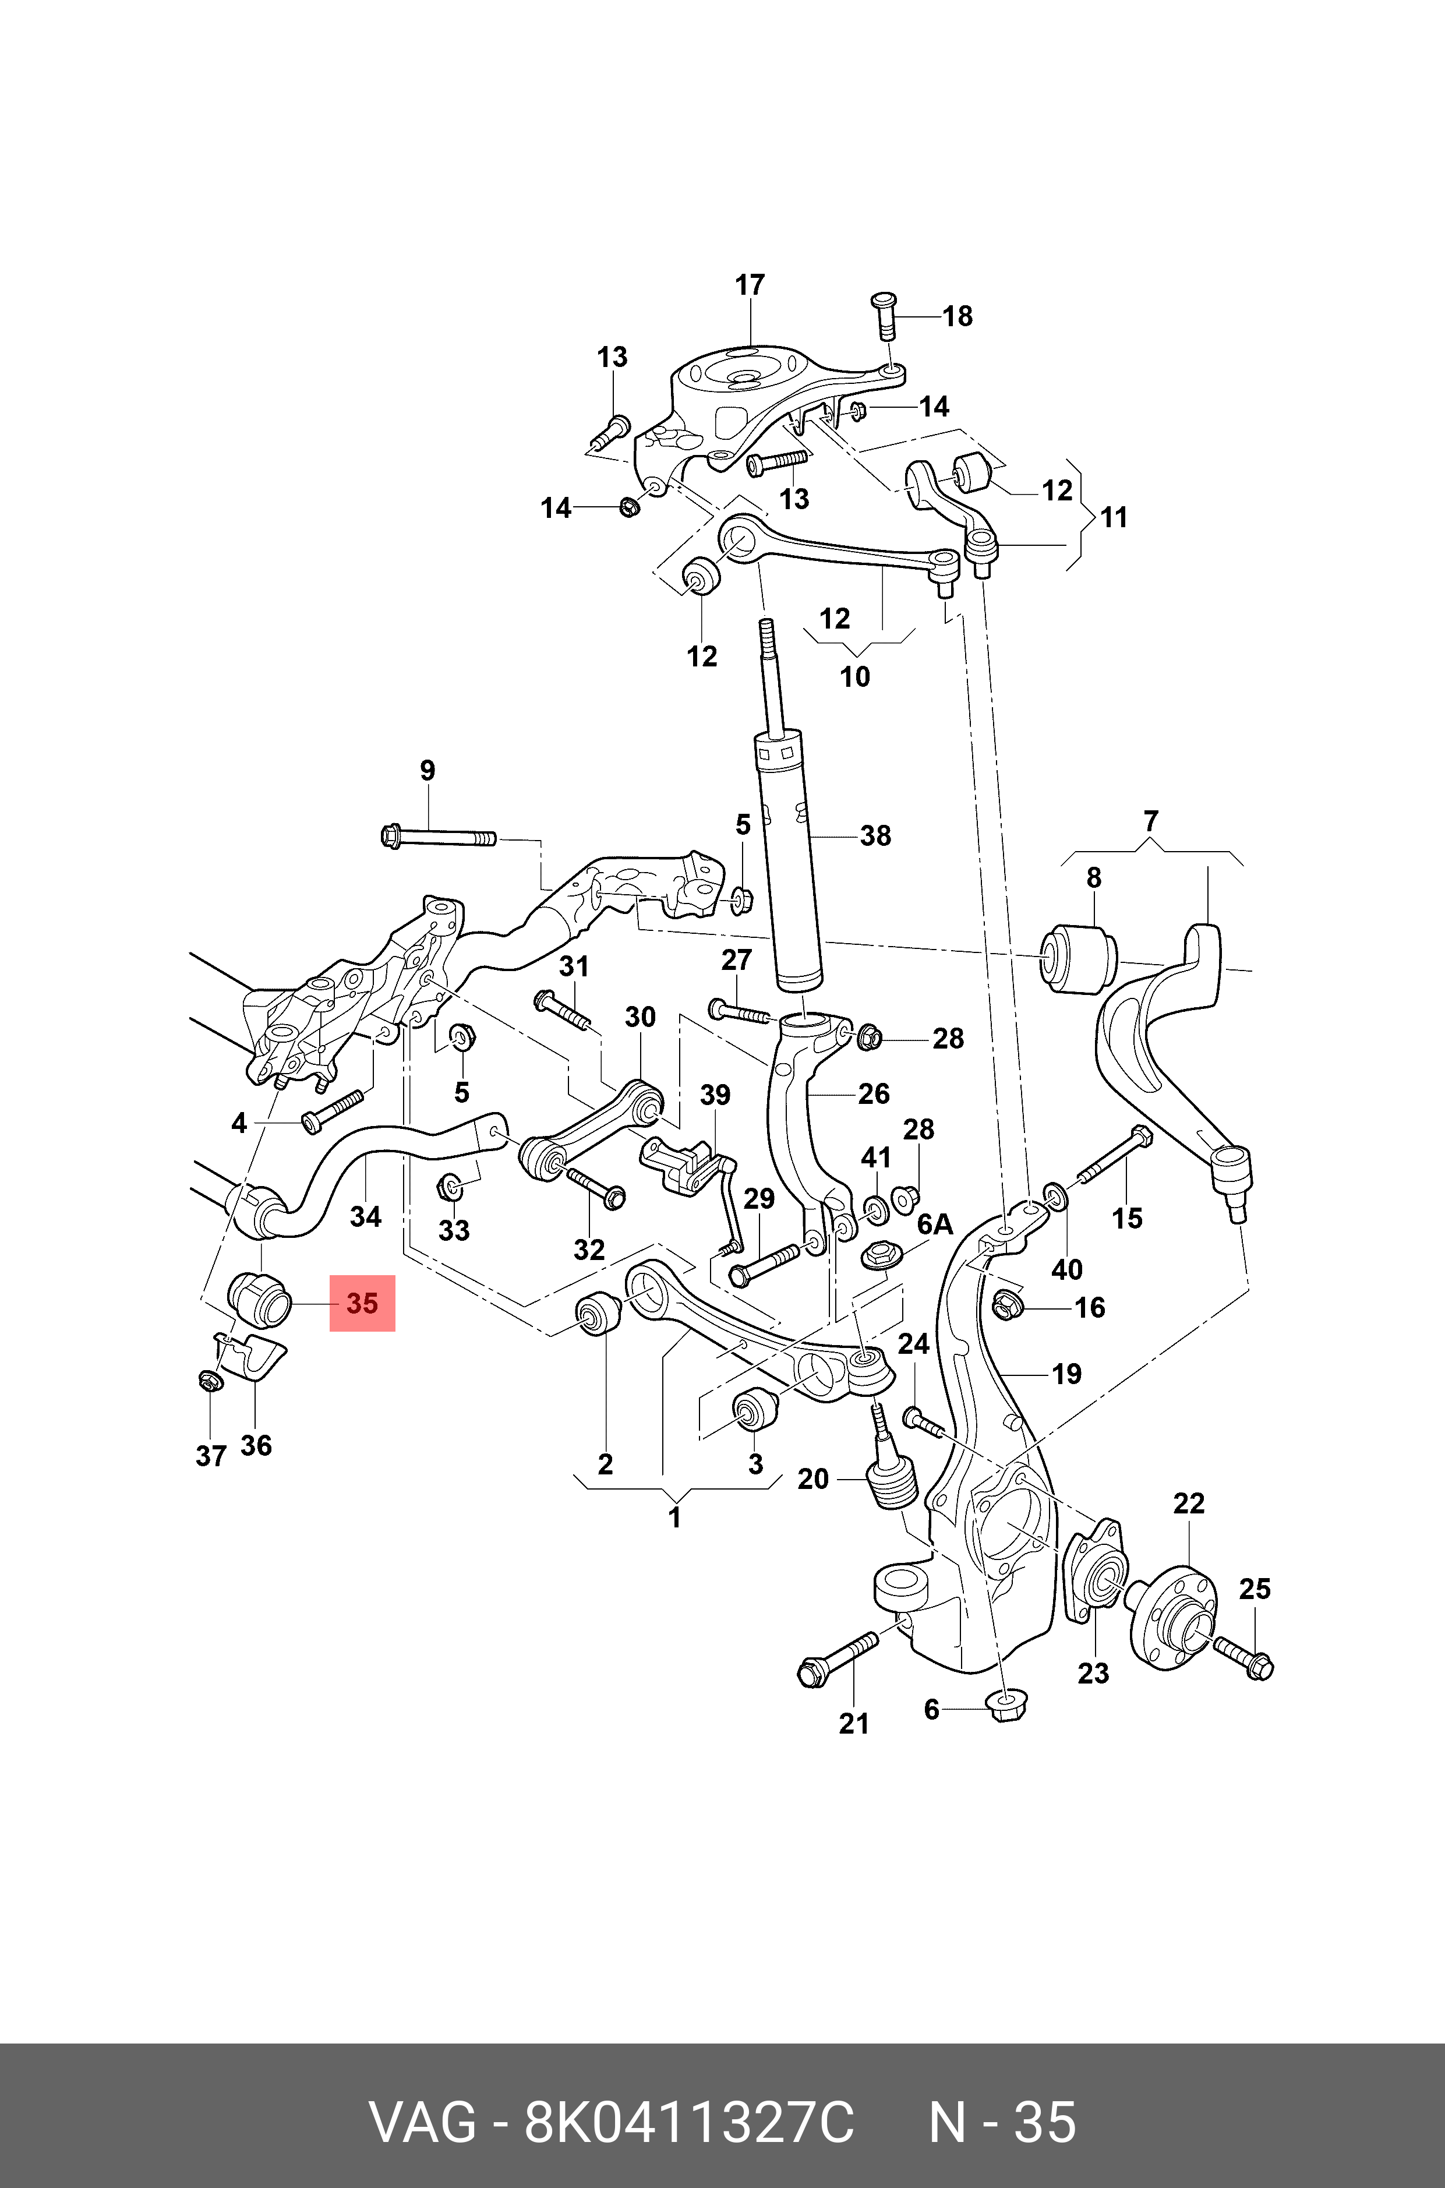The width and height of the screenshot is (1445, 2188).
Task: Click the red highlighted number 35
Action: pyautogui.click(x=362, y=1303)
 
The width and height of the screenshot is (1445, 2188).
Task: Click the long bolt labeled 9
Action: pyautogui.click(x=438, y=838)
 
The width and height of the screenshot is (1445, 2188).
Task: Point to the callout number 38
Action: pyautogui.click(x=875, y=836)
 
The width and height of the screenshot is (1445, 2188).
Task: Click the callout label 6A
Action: pyautogui.click(x=934, y=1225)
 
